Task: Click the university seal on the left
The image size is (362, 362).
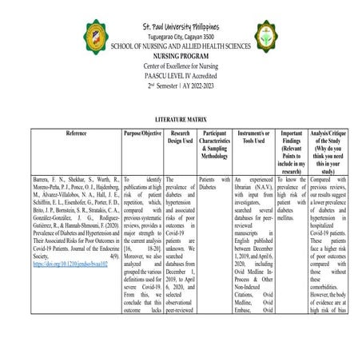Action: pos(97,38)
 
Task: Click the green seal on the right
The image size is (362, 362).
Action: pos(266,36)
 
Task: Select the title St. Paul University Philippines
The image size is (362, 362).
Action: pos(181,28)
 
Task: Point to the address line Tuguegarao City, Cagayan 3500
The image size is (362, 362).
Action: pos(181,38)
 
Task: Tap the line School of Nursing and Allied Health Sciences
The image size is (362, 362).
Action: pos(181,47)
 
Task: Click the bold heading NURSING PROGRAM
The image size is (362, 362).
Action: pos(181,57)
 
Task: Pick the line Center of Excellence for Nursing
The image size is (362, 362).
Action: pos(181,66)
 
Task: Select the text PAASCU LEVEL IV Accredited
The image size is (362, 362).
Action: pos(181,75)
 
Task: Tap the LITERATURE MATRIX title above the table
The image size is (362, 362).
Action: pos(181,118)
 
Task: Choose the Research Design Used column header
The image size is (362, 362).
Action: pos(180,135)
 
